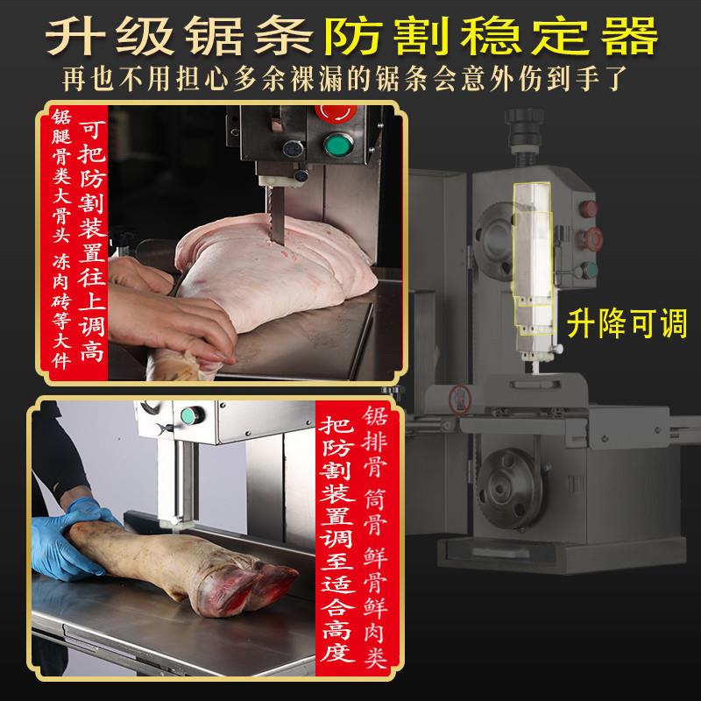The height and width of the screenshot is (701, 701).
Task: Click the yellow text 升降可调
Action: click(x=626, y=322)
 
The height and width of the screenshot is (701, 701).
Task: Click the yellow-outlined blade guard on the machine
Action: click(x=531, y=263)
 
